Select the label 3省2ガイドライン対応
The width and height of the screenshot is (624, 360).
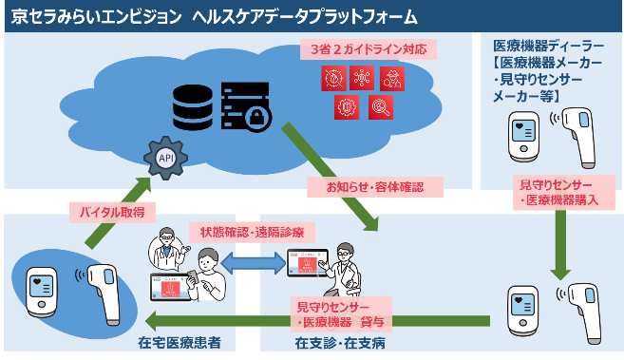coord(369,48)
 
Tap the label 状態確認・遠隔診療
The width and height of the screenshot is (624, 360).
coord(252,232)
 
